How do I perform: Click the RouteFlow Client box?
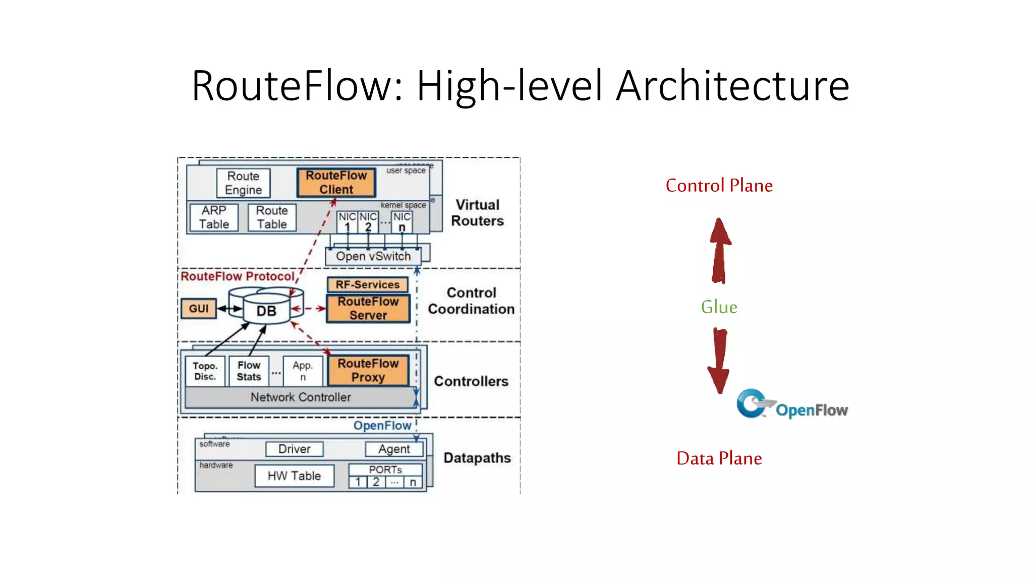pos(336,183)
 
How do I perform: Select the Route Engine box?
pos(243,183)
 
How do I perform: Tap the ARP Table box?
pos(214,217)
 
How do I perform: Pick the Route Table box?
pos(272,217)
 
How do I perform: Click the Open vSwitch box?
pos(373,256)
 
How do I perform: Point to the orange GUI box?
pos(198,309)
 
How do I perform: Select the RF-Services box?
pos(367,284)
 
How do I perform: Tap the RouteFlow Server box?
pos(368,308)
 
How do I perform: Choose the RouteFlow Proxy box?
pos(368,370)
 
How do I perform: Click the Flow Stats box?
pos(249,371)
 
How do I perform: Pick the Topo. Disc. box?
pos(205,371)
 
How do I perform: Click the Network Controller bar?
pos(301,397)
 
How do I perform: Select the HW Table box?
pos(294,476)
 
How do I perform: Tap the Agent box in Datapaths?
pos(394,449)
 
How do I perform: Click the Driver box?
pos(294,449)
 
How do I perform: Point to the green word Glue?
pos(719,307)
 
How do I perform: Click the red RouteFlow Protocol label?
pos(238,276)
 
